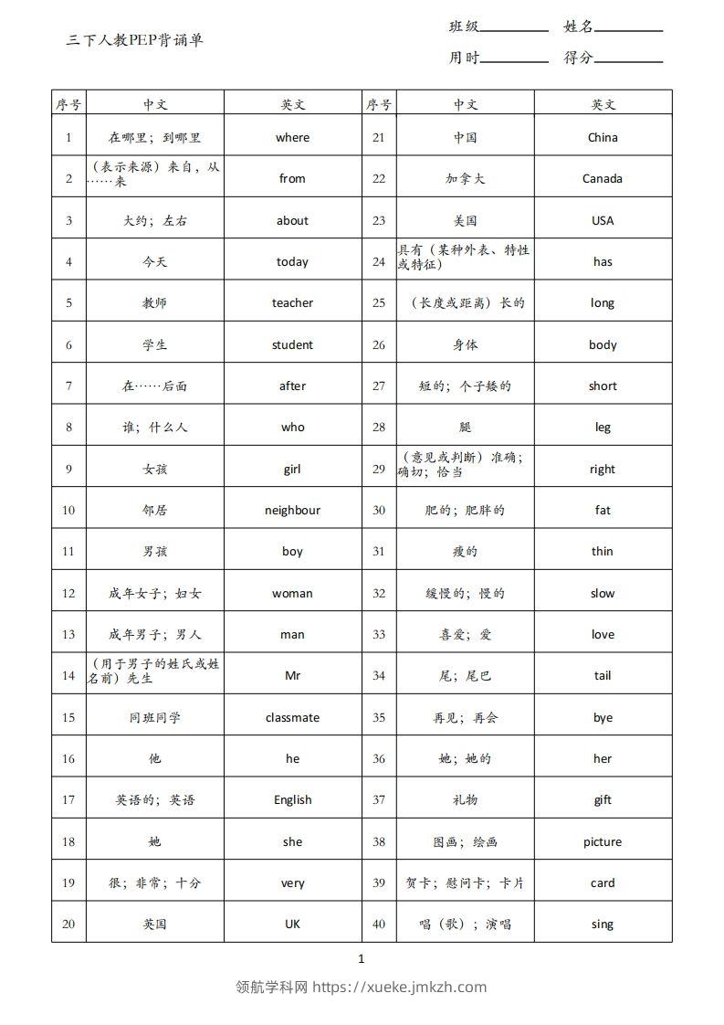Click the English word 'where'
click(x=292, y=138)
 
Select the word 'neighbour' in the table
click(x=292, y=511)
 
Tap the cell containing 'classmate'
click(x=292, y=718)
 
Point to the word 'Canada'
click(x=603, y=179)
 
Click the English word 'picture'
click(x=603, y=842)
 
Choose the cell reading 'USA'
click(x=603, y=220)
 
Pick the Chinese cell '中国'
click(x=466, y=138)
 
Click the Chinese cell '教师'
click(x=155, y=303)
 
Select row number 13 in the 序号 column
click(x=68, y=635)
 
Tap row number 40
click(x=379, y=925)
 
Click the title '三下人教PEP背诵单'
click(x=135, y=40)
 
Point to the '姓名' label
click(x=579, y=26)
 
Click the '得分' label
click(x=579, y=58)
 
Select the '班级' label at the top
click(x=464, y=26)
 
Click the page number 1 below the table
click(x=362, y=958)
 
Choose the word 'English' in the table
click(x=292, y=800)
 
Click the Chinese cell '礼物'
click(x=466, y=800)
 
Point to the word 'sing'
click(x=603, y=925)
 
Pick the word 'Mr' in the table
click(x=292, y=676)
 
